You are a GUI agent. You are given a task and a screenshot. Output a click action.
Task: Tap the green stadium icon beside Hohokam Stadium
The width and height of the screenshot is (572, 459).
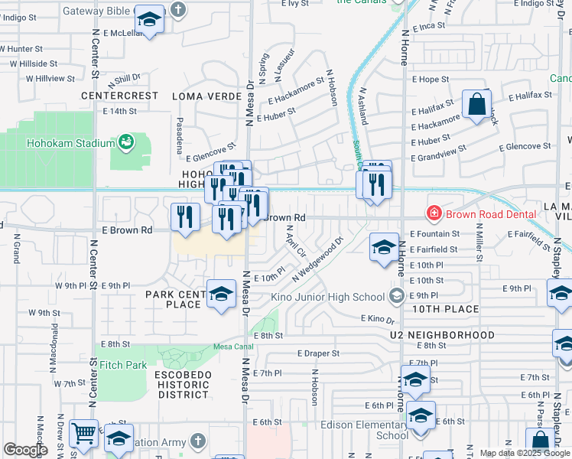click(x=125, y=142)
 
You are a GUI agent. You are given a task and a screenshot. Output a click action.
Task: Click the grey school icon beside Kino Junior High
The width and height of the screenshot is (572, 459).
click(x=397, y=296)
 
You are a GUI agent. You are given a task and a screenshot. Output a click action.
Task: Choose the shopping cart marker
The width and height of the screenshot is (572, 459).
click(x=84, y=433)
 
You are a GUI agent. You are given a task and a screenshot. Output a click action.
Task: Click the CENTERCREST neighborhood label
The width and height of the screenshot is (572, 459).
click(x=121, y=96)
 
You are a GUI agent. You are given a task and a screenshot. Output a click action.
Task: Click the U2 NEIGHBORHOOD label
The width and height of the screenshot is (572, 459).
click(x=441, y=335)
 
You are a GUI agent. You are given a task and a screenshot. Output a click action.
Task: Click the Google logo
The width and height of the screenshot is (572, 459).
click(x=25, y=450)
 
